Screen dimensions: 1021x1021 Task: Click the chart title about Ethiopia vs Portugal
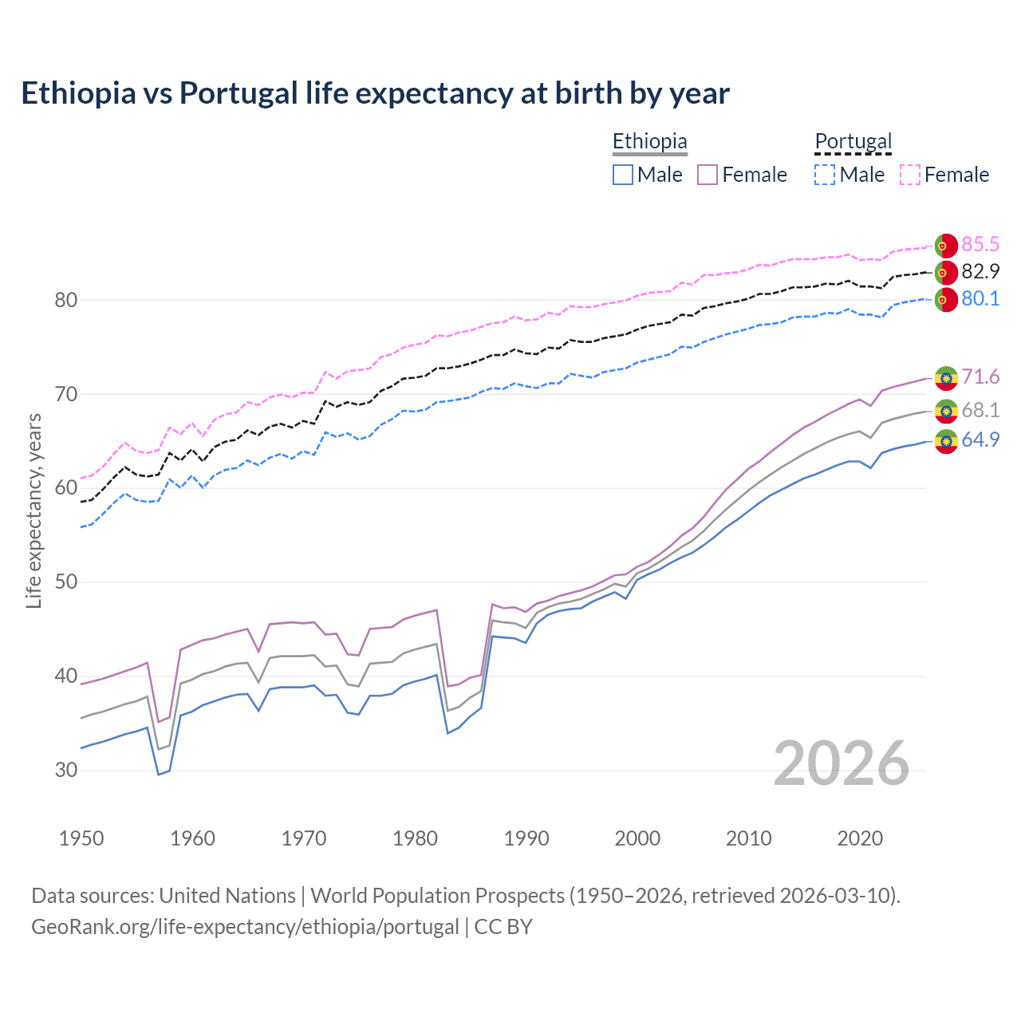[375, 93]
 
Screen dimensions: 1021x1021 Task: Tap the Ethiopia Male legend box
[623, 175]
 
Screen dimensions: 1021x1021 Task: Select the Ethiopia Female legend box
[708, 175]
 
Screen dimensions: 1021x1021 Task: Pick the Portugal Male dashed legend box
[825, 175]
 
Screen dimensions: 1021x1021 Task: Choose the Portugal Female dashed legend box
[910, 175]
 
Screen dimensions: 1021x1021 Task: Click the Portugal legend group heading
[853, 141]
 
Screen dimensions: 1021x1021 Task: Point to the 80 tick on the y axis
[66, 301]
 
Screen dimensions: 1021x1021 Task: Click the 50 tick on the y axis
[66, 582]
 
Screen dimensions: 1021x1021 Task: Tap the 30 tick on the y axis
[66, 771]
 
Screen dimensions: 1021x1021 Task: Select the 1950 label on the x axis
[81, 838]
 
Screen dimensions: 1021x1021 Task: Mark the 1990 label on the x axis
[526, 838]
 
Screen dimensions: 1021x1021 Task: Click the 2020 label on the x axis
[860, 838]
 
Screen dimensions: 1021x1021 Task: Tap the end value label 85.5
[980, 244]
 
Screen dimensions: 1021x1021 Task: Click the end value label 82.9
[980, 271]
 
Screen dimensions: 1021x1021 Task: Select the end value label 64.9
[980, 440]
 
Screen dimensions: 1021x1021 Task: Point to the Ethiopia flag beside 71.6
[946, 377]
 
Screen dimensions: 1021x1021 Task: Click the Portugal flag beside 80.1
[946, 300]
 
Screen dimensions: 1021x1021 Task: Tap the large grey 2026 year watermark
[841, 763]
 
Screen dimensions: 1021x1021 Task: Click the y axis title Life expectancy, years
[34, 510]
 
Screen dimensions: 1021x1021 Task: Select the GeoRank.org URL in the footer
[245, 927]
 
